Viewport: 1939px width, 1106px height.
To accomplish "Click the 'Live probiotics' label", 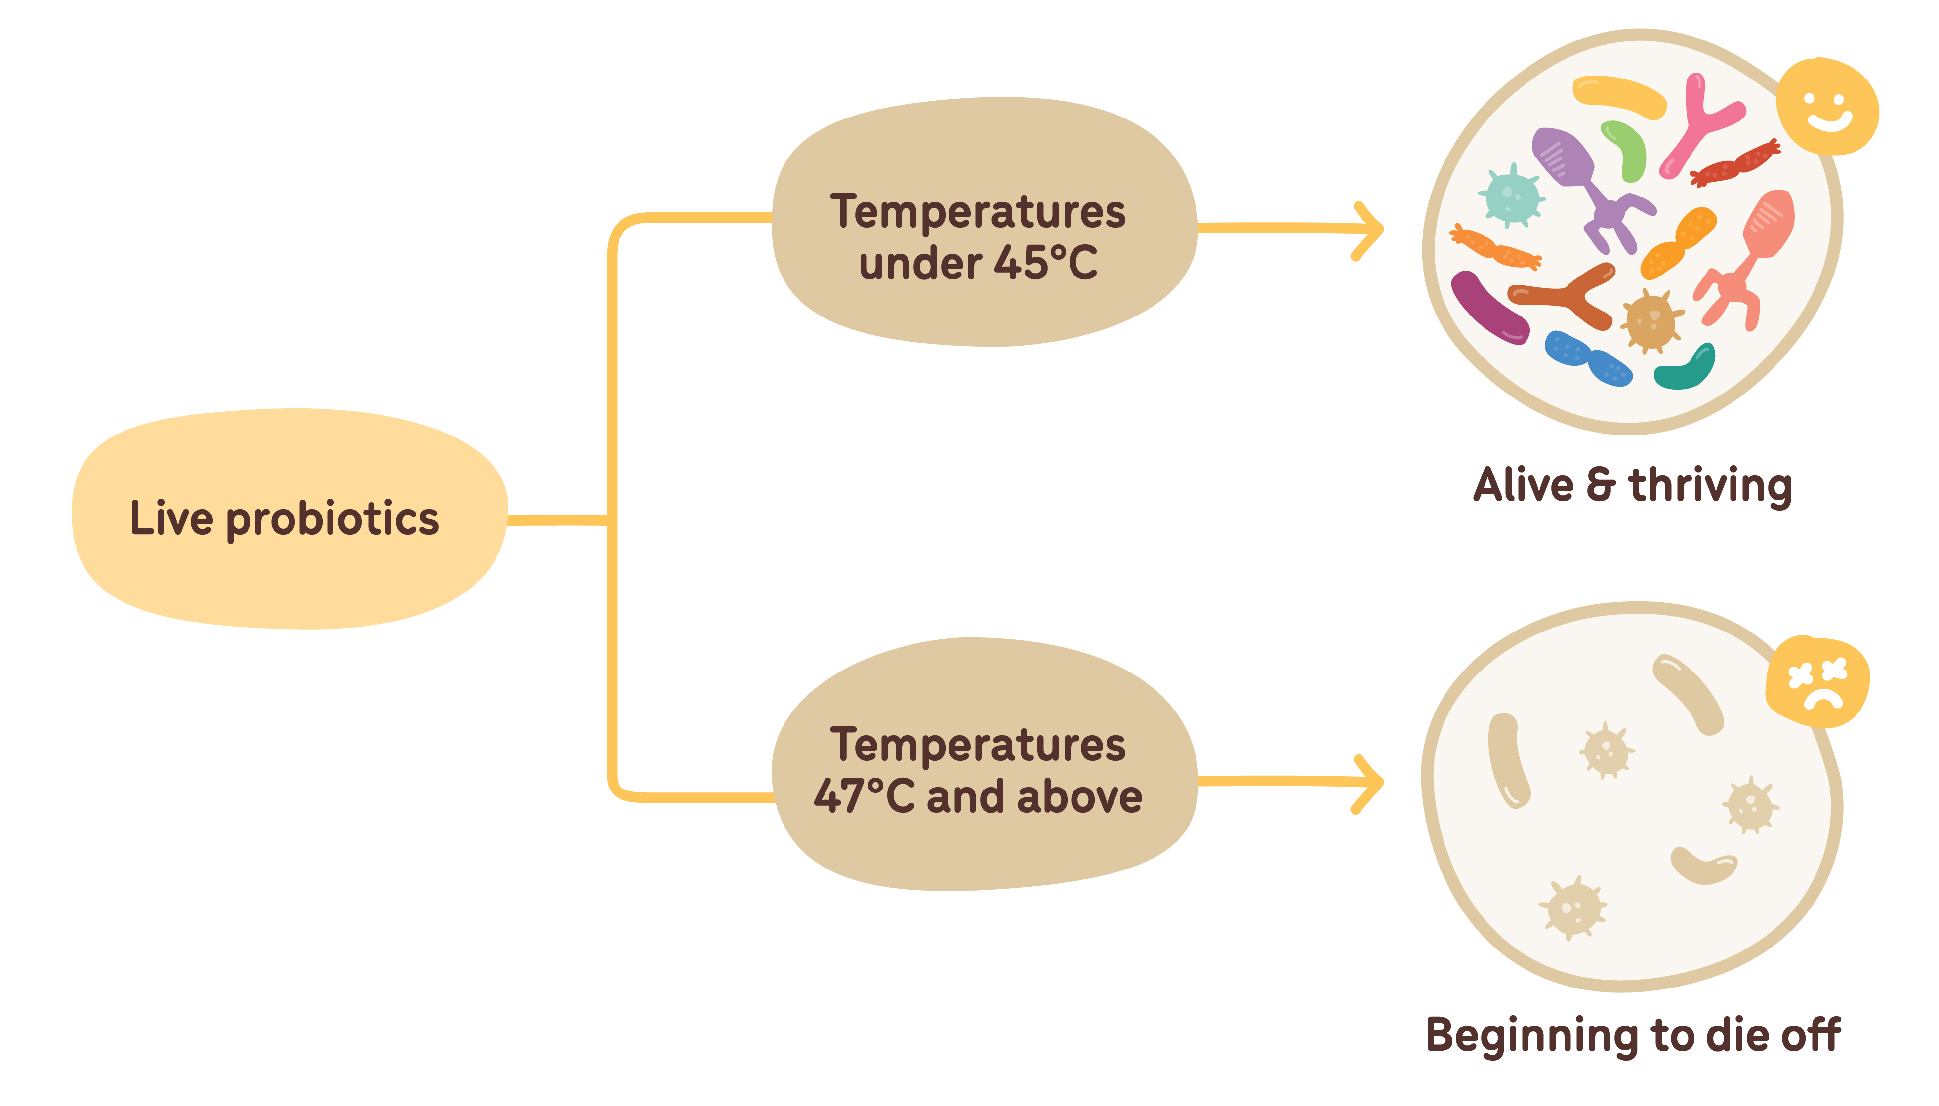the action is pyautogui.click(x=284, y=519).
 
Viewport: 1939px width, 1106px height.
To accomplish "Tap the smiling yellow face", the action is pyautogui.click(x=1827, y=106).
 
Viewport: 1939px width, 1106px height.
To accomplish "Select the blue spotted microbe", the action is pyautogui.click(x=1588, y=358).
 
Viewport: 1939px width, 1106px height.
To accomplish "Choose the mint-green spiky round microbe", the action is pyautogui.click(x=1512, y=196).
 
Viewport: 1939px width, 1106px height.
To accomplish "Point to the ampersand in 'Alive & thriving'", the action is pyautogui.click(x=1600, y=485).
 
